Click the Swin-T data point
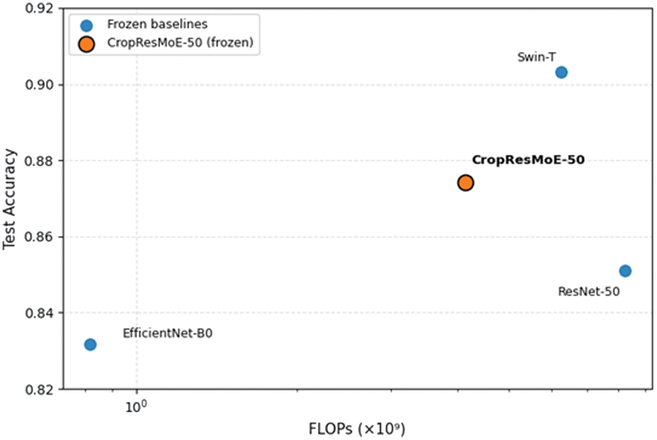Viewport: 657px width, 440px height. (561, 72)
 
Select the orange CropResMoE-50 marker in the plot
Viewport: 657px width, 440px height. (465, 183)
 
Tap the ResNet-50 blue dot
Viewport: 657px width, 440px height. (625, 271)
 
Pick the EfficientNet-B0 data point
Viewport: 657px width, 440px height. (90, 345)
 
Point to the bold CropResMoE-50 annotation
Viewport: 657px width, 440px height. (528, 160)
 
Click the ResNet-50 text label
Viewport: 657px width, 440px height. (589, 291)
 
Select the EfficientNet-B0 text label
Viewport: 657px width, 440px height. (168, 333)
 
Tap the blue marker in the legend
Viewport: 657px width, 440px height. (86, 25)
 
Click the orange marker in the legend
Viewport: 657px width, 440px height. (86, 45)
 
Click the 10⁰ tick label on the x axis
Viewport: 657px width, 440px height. (137, 406)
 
